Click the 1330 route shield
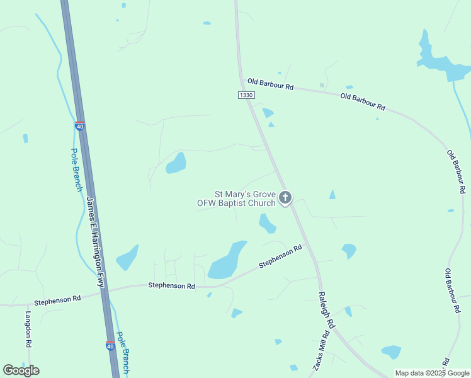pos(246,94)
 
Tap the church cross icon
pos(285,198)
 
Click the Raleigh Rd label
pos(325,309)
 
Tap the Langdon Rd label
pos(28,329)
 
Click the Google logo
pos(21,370)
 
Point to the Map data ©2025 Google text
pos(432,373)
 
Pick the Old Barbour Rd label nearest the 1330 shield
pos(270,84)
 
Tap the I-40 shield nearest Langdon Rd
pos(110,346)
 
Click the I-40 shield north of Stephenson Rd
pos(79,126)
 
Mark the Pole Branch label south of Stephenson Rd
pos(122,353)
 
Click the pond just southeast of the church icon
pos(267,222)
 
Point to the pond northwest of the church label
pos(176,163)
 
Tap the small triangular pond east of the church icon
pos(332,195)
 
